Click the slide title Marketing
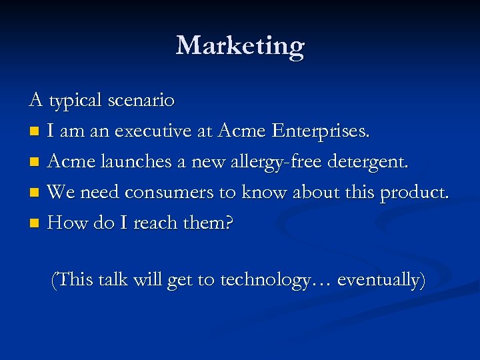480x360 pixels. click(240, 46)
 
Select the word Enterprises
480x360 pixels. click(320, 131)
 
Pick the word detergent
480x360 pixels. click(369, 162)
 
